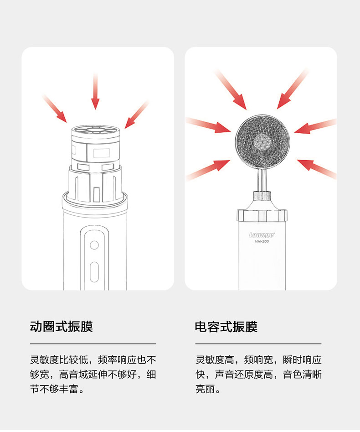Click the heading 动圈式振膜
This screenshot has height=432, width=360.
[61, 327]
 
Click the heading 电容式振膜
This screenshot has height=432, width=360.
[226, 327]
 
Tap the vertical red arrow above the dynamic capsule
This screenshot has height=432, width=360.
[95, 91]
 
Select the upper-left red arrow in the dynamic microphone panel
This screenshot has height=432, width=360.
[55, 108]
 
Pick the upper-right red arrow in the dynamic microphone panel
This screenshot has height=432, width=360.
[136, 115]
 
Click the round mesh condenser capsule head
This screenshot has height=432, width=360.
[262, 140]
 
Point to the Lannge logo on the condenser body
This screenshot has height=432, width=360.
[262, 235]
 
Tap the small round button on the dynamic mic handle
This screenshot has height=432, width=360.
[94, 245]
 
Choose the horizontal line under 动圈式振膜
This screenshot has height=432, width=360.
[93, 344]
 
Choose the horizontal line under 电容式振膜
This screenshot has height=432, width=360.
[258, 344]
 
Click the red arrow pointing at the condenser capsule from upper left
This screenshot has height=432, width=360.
[231, 90]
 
